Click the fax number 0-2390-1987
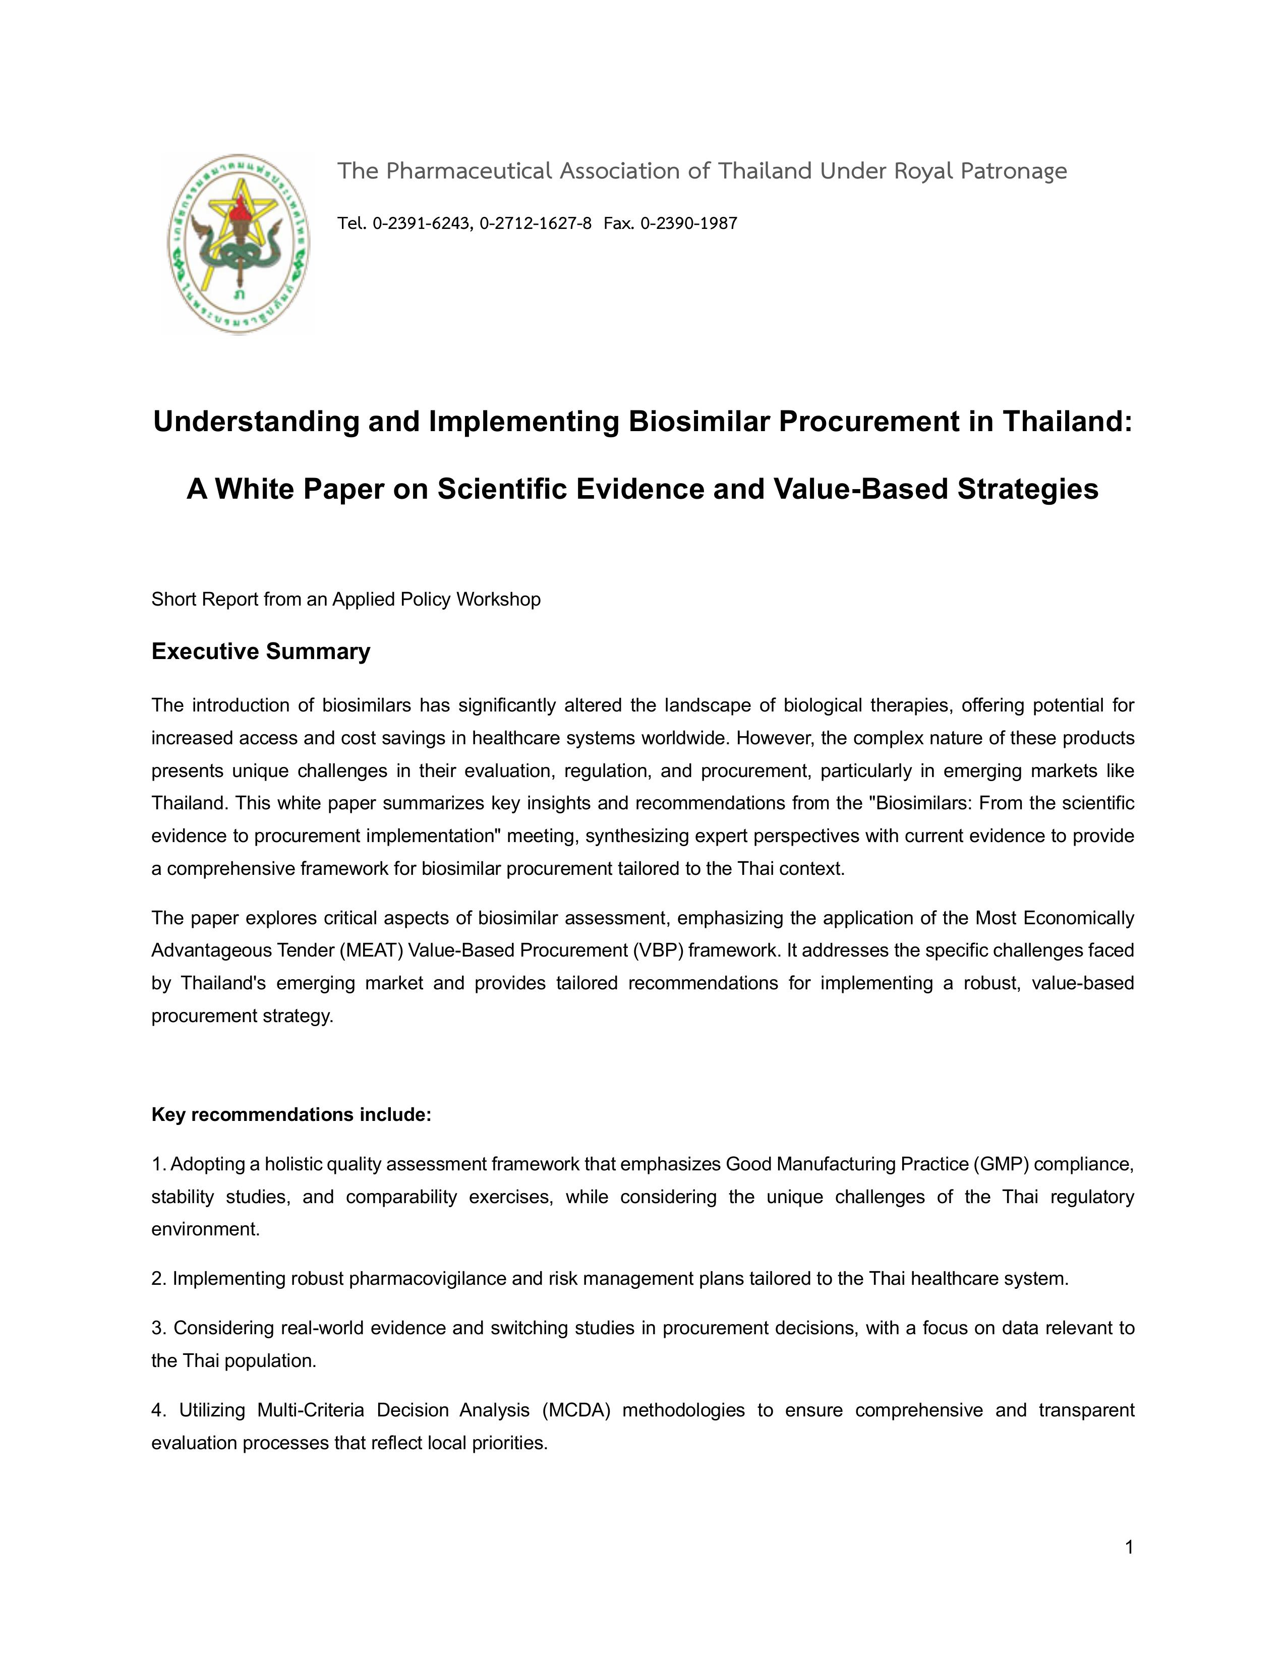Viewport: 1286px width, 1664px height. [x=689, y=223]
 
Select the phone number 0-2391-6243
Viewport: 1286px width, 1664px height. [x=423, y=223]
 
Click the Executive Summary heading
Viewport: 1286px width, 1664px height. [x=261, y=651]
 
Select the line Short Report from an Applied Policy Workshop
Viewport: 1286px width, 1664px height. [x=346, y=600]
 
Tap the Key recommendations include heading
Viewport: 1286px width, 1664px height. [x=291, y=1115]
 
